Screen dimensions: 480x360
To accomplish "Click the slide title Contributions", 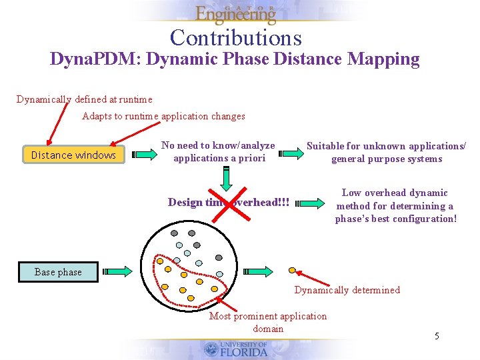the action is point(235,37).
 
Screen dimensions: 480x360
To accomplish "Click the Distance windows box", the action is point(73,155).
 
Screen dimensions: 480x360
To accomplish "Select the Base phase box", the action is point(58,271).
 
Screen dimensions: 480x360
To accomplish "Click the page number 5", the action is point(437,336).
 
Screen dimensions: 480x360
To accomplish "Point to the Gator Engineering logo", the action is point(235,13).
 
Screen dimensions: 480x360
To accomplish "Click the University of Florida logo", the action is point(235,349).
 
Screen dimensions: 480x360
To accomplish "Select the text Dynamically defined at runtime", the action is point(84,99).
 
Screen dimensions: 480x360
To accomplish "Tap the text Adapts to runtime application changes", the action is point(163,116).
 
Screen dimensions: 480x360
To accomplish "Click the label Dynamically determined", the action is point(347,290).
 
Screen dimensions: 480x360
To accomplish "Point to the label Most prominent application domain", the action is point(268,322).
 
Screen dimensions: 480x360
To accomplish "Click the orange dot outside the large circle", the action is point(292,270).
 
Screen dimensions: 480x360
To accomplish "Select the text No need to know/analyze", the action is point(218,145).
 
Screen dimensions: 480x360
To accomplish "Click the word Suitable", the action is point(325,145).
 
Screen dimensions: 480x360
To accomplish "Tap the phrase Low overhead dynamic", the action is point(395,193).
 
